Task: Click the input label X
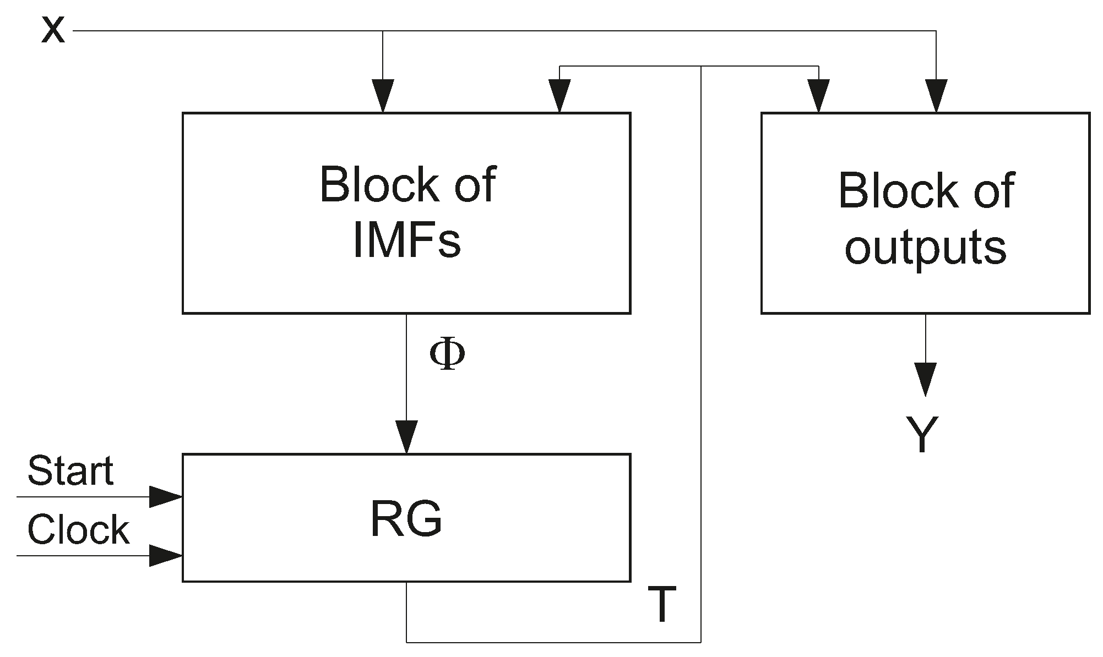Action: click(53, 31)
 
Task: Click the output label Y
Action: click(922, 435)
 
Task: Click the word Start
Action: click(70, 471)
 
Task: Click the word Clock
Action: click(78, 530)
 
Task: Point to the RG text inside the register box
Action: click(406, 520)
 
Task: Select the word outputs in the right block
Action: click(925, 248)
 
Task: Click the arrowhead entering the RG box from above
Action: click(406, 437)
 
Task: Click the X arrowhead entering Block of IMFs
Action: click(383, 96)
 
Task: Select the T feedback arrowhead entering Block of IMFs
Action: click(559, 96)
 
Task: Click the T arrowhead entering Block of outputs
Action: click(818, 96)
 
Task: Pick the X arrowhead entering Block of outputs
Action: click(936, 96)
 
